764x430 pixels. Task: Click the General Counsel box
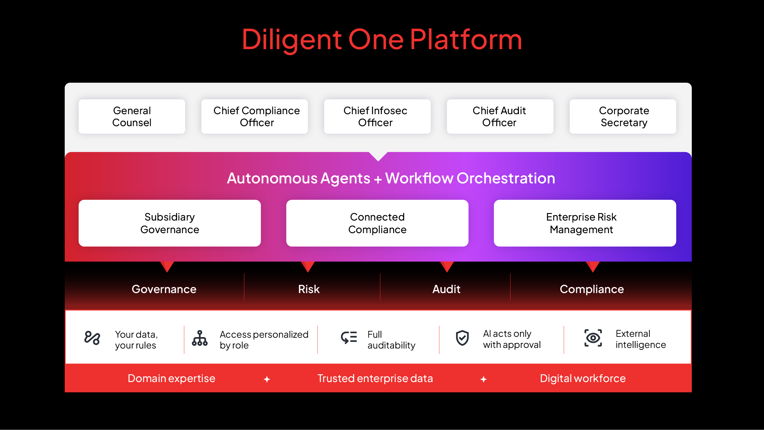(x=132, y=117)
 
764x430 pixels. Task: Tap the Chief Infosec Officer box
(x=377, y=117)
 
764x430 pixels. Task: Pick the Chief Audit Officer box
(x=500, y=117)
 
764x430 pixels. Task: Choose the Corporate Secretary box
(x=623, y=117)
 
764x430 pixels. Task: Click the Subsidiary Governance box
(x=170, y=223)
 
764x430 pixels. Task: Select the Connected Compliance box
(x=377, y=223)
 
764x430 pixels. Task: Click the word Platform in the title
(x=466, y=40)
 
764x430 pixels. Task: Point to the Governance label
(x=164, y=289)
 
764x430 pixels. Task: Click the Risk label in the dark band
(x=309, y=289)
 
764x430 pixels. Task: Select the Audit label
(x=446, y=289)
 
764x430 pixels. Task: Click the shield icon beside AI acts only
(x=462, y=338)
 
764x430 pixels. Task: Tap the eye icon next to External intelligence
(x=593, y=338)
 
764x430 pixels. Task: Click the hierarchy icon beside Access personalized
(x=200, y=338)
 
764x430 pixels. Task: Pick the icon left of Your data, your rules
(x=92, y=338)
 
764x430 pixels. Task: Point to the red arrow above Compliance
(x=593, y=266)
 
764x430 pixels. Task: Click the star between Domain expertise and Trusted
(x=267, y=379)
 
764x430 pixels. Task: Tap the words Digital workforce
(x=582, y=378)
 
